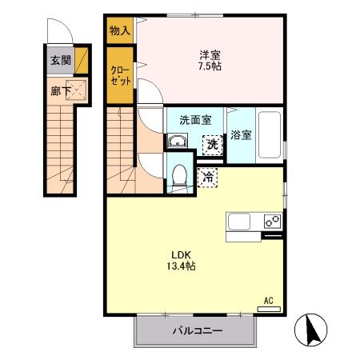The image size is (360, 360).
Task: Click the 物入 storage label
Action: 119,31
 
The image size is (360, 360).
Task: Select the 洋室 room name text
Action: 210,54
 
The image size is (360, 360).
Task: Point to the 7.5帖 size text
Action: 210,66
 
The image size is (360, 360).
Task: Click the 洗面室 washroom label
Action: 194,120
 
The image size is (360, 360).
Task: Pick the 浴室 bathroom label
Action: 241,135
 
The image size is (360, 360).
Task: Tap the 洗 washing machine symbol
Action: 212,145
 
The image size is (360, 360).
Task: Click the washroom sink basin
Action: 177,142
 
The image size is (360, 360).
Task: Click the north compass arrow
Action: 310,328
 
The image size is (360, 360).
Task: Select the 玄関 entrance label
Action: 60,60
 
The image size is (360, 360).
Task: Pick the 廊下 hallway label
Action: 58,91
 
